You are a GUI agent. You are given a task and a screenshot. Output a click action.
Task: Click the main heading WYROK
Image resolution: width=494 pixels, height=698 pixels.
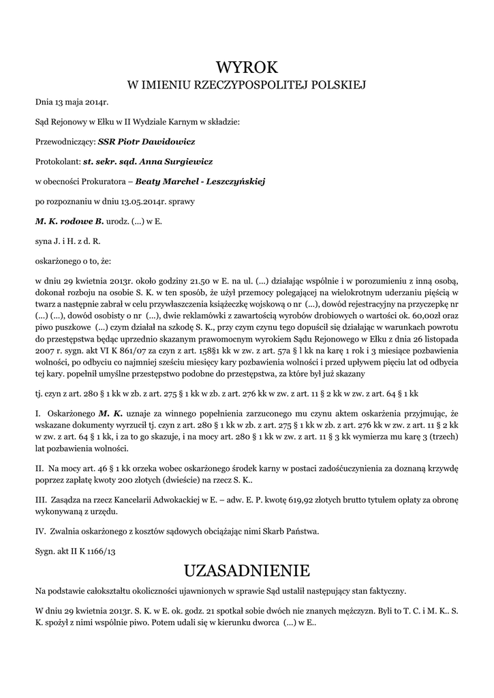pyautogui.click(x=247, y=67)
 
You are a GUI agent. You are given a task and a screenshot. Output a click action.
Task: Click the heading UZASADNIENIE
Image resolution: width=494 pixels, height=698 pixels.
pyautogui.click(x=247, y=569)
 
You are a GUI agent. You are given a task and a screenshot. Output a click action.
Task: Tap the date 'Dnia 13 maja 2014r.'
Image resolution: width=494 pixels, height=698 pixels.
pyautogui.click(x=72, y=102)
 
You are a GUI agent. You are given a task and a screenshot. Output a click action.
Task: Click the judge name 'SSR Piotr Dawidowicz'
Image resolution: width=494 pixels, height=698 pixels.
pyautogui.click(x=146, y=142)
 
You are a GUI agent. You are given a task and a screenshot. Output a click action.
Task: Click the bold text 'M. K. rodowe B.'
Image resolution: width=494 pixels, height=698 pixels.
pyautogui.click(x=70, y=222)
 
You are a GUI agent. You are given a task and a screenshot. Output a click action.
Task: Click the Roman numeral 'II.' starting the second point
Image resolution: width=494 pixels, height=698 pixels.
pyautogui.click(x=40, y=469)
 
